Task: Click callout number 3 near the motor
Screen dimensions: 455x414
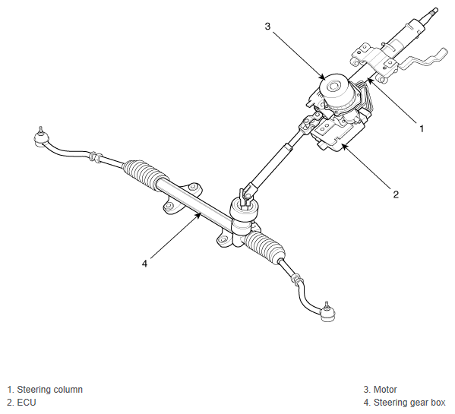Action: (267, 26)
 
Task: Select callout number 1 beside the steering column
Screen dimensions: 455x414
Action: (422, 128)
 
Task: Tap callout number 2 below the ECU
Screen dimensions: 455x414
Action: (396, 194)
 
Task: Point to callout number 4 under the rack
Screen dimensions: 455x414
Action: (145, 264)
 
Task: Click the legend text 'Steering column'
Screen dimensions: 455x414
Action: (50, 390)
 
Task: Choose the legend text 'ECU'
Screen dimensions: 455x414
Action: (27, 403)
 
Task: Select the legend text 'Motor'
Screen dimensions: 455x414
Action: (385, 390)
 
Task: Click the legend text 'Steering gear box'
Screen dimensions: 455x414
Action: (409, 403)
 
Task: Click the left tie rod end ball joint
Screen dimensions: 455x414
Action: (41, 137)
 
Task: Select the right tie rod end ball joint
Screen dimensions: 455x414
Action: (327, 313)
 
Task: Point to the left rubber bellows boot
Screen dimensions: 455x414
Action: (144, 172)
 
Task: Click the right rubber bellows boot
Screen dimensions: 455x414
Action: (264, 245)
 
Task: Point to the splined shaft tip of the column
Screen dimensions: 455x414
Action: (433, 12)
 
